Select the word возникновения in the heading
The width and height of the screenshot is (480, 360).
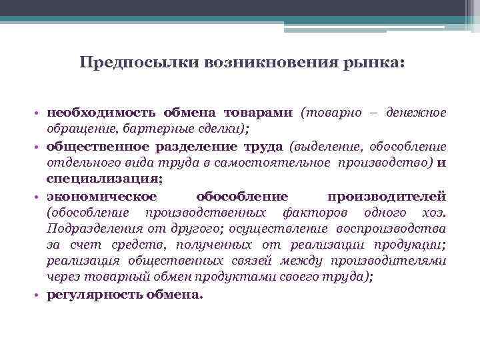click(x=263, y=63)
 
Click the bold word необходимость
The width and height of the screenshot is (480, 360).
click(x=101, y=113)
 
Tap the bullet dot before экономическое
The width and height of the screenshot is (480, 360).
click(x=40, y=197)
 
